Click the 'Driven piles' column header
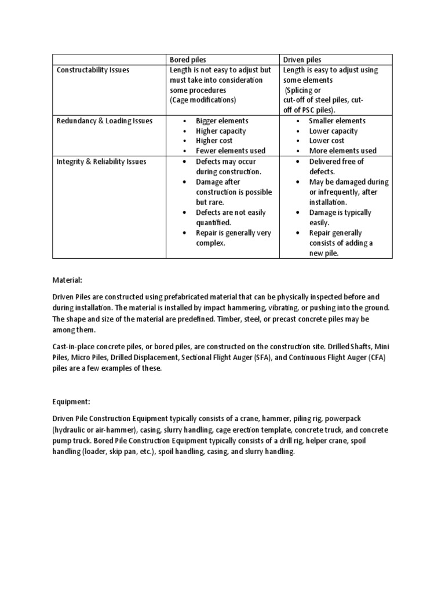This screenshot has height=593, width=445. pos(302,60)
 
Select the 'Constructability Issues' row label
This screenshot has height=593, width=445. pos(93,70)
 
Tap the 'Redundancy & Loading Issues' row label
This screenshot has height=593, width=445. pos(104,120)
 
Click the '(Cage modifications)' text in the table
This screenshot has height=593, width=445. pos(203,100)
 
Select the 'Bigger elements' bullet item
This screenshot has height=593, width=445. pos(222,120)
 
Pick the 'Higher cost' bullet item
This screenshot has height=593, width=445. pos(214,141)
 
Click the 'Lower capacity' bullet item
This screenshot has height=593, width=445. pos(333,131)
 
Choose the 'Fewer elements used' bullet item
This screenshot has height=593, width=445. pos(231,151)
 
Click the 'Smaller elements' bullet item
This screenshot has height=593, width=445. pos(337,120)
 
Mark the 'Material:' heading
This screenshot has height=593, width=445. pos(70,279)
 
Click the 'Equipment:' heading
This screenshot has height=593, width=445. pos(73,401)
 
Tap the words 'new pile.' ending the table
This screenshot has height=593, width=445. pos(325,253)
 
